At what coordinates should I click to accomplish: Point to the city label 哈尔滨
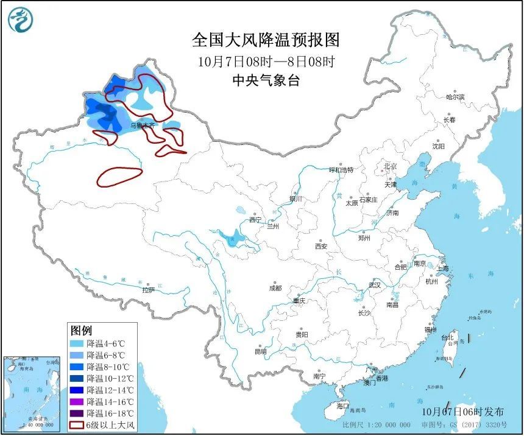click(455, 97)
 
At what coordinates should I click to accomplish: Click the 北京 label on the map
click(389, 166)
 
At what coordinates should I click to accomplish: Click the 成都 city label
click(275, 288)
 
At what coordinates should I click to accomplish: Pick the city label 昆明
click(260, 351)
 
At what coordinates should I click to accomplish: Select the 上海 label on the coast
click(442, 268)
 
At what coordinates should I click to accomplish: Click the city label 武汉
click(374, 284)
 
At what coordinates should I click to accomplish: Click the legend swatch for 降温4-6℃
click(77, 344)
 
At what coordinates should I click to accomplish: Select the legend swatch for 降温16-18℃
click(77, 413)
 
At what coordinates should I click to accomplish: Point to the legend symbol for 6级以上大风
click(77, 424)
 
